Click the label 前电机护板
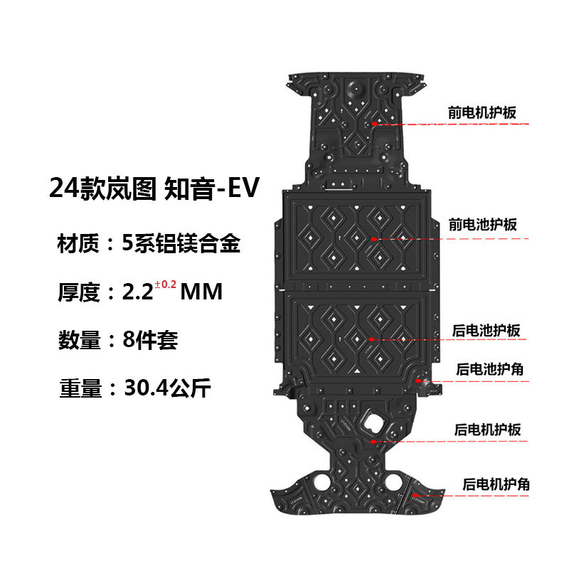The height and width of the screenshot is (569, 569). pos(482,112)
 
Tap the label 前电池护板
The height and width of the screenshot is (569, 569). pos(482,225)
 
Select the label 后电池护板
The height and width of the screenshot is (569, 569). pos(487,331)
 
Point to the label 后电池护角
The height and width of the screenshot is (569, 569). pos(491,370)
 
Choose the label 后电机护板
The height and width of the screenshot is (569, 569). pos(488,430)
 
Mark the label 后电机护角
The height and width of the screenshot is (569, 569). pos(496,484)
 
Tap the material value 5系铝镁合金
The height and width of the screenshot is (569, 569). pos(181,245)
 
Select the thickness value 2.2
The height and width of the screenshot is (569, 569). pos(139,292)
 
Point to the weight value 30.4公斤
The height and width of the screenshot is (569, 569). pos(167,388)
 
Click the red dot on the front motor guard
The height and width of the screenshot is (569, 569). pos(373,124)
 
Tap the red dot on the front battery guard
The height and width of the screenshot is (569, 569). pos(373,240)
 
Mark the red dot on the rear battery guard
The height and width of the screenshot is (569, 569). pos(371,341)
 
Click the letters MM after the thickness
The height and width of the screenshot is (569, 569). pos(203,292)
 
